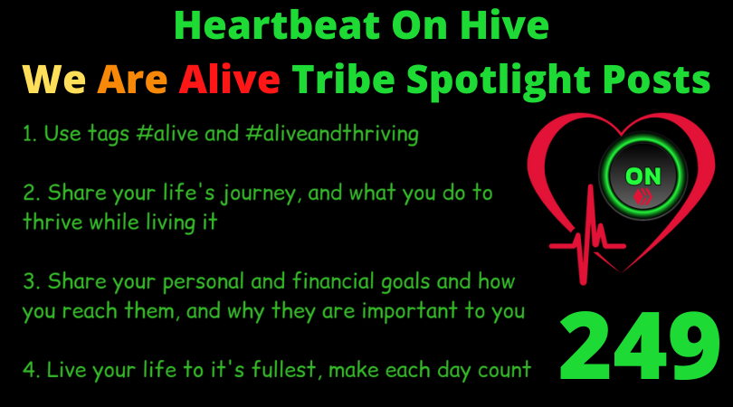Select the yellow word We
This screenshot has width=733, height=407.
[x=54, y=79]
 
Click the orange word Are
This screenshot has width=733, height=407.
[x=132, y=79]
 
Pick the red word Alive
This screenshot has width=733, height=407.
[x=230, y=78]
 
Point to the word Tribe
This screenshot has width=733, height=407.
[x=344, y=78]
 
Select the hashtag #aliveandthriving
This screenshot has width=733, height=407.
[x=332, y=134]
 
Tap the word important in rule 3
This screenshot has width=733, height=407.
[x=410, y=311]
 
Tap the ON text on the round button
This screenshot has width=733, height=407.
[x=643, y=176]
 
